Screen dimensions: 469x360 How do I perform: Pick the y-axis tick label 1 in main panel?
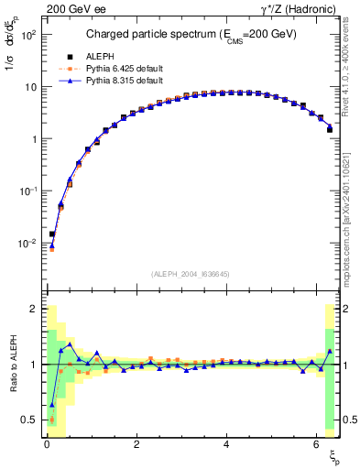[33, 139]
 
